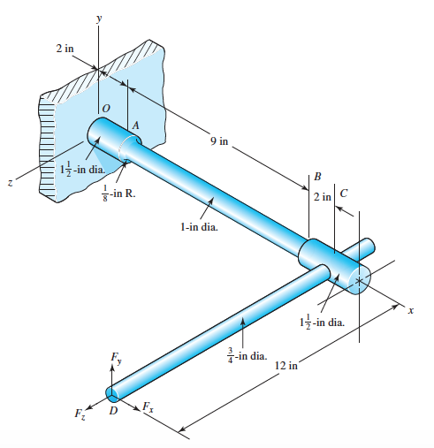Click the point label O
106,109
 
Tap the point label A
135,125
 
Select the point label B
317,176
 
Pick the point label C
344,194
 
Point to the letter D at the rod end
113,410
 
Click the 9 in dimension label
219,141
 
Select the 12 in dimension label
286,366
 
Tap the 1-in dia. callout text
199,227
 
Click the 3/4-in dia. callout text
247,355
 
